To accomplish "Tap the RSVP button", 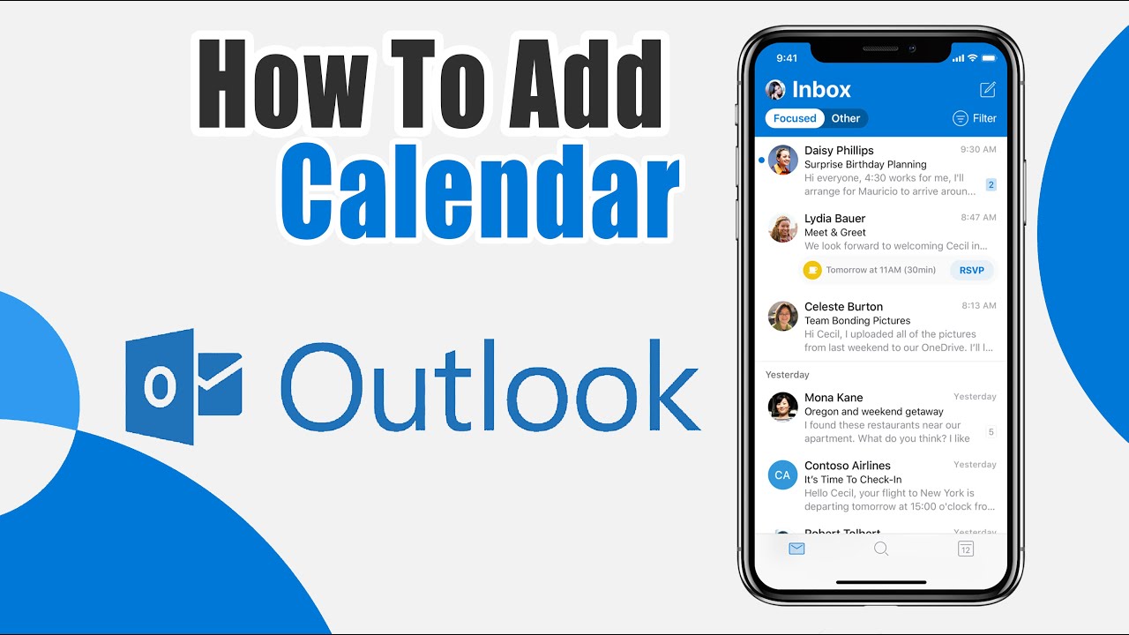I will (972, 270).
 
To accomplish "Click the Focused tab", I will (795, 118).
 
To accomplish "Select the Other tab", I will (846, 118).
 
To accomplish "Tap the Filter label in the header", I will (984, 118).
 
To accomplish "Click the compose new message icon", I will (988, 89).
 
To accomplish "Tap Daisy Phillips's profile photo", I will (782, 160).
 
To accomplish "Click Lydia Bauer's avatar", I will (782, 228).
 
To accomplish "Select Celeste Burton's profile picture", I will (782, 316).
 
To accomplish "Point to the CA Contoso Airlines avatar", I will (782, 474).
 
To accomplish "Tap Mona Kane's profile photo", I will (782, 407).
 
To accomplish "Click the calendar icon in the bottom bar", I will (966, 549).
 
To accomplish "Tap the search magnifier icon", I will (880, 549).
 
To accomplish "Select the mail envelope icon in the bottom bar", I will (796, 549).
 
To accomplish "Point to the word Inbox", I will (821, 89).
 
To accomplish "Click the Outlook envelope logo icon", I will (183, 386).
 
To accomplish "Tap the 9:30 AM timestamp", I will (978, 150).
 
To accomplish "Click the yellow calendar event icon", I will (812, 270).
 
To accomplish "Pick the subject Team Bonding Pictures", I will (857, 320).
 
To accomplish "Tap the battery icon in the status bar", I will (990, 58).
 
